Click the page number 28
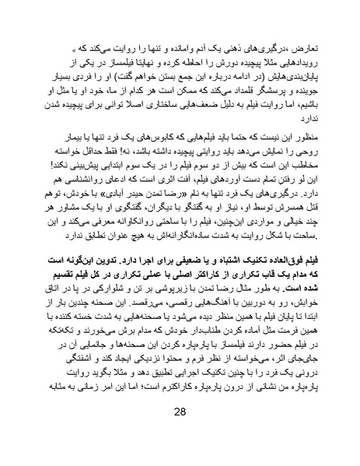pos(180,433)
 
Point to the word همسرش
pos(292,215)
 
